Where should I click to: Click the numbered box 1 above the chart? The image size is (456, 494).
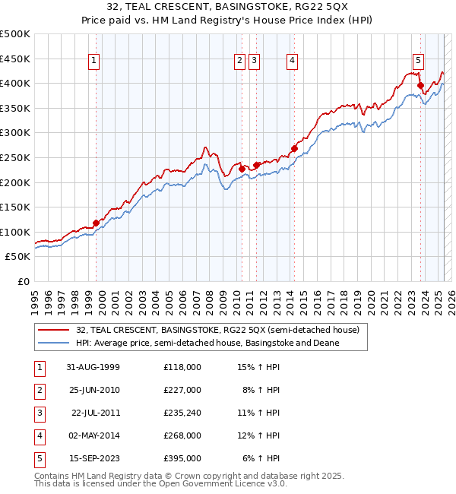(93, 62)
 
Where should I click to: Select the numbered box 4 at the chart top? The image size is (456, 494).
(292, 62)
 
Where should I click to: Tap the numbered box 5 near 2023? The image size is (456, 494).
(418, 62)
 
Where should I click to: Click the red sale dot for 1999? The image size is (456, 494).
(97, 223)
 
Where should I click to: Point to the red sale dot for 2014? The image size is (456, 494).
(293, 149)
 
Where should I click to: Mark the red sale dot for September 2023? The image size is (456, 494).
(420, 86)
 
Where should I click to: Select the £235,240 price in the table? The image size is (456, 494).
(182, 413)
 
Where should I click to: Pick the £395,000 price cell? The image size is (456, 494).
(182, 458)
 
